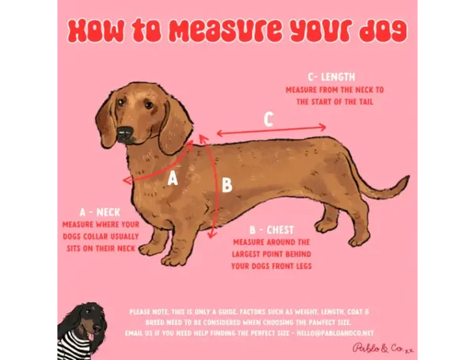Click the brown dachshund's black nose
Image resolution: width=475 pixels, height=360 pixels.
(x=125, y=134)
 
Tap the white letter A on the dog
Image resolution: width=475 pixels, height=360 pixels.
(x=173, y=178)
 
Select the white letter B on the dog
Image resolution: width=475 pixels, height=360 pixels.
(x=227, y=185)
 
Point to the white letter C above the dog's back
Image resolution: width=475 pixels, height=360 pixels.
(x=268, y=119)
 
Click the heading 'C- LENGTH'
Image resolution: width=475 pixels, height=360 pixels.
(x=332, y=78)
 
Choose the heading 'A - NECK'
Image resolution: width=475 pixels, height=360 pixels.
(x=100, y=212)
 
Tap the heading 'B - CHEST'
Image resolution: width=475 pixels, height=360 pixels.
(x=272, y=230)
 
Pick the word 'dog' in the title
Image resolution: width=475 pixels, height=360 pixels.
(x=383, y=31)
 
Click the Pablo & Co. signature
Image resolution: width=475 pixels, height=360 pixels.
(x=382, y=348)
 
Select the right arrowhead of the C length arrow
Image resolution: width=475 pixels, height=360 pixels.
(x=323, y=127)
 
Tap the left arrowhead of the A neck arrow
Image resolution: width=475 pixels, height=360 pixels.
(x=127, y=180)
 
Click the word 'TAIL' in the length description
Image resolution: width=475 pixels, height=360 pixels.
(x=366, y=102)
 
